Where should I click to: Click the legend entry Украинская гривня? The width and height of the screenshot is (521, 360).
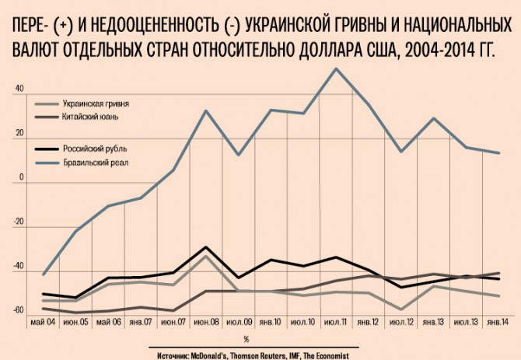click(95, 103)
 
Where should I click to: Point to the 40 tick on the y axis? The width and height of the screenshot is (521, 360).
click(20, 88)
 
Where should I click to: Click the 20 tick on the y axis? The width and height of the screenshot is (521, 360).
click(20, 132)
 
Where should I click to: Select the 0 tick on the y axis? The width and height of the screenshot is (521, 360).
click(23, 177)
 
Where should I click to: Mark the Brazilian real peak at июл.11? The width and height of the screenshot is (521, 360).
click(335, 68)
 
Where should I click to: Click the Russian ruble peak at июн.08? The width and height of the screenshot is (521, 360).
click(205, 247)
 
